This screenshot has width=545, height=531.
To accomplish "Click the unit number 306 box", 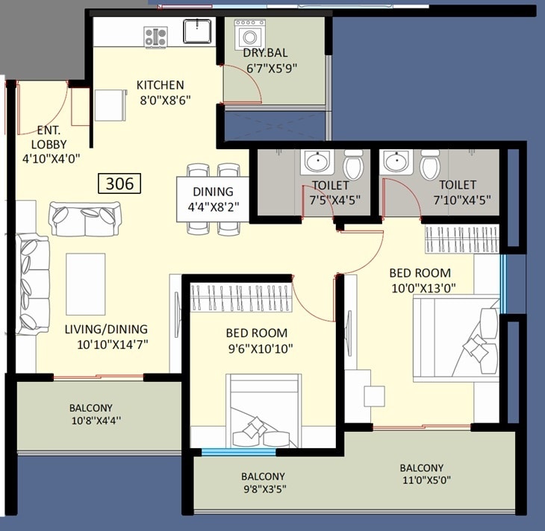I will (119, 183).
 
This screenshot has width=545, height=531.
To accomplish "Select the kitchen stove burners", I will (156, 34).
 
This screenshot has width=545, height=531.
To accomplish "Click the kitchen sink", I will (199, 32).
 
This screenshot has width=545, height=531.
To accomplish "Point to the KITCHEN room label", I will (160, 85).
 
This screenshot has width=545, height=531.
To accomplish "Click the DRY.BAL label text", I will (265, 53).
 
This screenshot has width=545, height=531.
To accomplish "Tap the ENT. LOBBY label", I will (49, 137).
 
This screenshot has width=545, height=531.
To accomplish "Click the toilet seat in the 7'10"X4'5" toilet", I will (429, 165).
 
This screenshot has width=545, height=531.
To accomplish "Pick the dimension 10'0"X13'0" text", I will (423, 287).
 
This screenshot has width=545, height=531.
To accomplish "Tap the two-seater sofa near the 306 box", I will (84, 219).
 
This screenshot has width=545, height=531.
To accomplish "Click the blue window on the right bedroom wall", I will (503, 283).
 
